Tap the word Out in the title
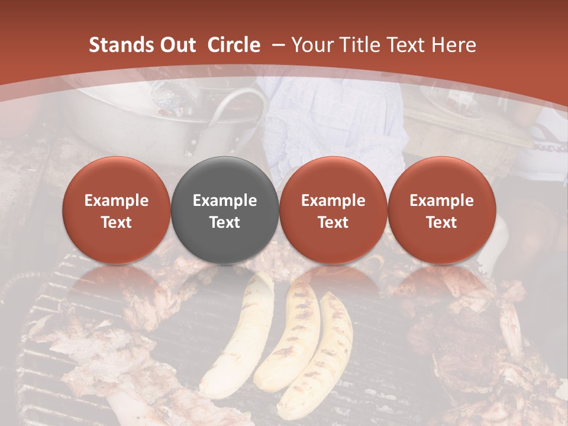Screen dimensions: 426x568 tap(176, 45)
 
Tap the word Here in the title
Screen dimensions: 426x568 tap(454, 45)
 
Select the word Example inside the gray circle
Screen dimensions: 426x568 tap(225, 201)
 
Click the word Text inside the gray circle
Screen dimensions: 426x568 tap(225, 222)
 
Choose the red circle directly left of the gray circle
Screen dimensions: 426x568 tap(117, 210)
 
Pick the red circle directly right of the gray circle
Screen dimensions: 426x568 tap(333, 210)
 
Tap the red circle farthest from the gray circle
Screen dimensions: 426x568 tap(442, 210)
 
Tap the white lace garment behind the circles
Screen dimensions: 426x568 tap(331, 130)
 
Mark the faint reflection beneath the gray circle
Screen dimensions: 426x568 tap(225, 281)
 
